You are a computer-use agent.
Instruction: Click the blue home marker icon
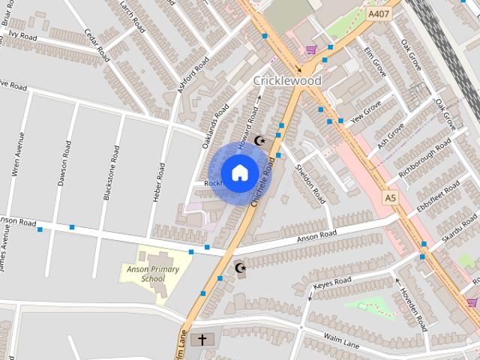(239, 172)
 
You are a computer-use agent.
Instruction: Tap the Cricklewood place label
(287, 81)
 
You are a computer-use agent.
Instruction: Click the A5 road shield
(389, 197)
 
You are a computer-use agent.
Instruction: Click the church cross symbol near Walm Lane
(200, 340)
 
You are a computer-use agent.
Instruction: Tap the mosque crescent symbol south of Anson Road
(241, 268)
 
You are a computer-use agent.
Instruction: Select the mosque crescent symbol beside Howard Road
(260, 140)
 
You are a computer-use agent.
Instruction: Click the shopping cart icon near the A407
(311, 50)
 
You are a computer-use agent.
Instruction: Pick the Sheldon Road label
(310, 184)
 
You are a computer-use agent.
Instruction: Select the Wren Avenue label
(18, 154)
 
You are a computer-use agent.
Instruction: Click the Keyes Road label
(332, 282)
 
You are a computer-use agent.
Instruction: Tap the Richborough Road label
(425, 157)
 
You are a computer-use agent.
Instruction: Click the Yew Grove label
(367, 110)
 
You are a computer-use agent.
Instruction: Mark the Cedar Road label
(98, 45)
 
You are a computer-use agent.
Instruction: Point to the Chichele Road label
(262, 181)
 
